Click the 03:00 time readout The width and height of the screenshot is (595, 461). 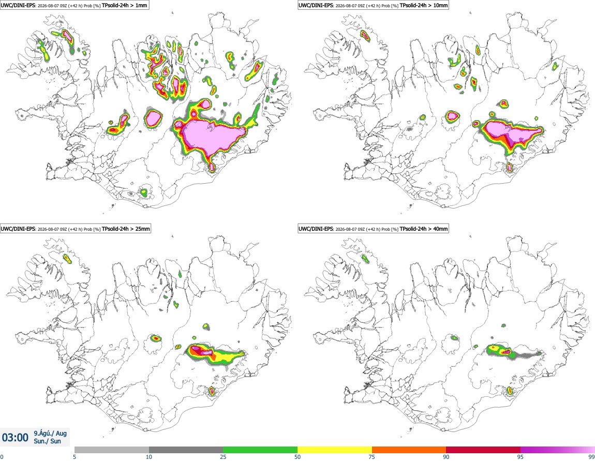(15, 438)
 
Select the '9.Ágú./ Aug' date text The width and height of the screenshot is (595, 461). (50, 433)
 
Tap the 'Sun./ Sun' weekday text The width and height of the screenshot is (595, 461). (47, 441)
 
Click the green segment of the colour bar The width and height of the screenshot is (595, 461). (260, 450)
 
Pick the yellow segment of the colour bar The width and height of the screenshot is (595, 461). (335, 450)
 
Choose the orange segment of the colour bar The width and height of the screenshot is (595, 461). (409, 450)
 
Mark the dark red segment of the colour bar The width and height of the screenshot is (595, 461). (483, 450)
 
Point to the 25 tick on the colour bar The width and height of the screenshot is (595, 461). (223, 457)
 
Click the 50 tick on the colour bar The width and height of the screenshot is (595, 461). (297, 457)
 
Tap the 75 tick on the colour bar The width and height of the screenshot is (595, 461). (372, 457)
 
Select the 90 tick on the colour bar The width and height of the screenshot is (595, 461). (446, 457)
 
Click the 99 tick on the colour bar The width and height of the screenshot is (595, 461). (591, 457)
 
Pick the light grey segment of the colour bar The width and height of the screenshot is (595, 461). (112, 450)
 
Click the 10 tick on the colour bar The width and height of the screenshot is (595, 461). (149, 457)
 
